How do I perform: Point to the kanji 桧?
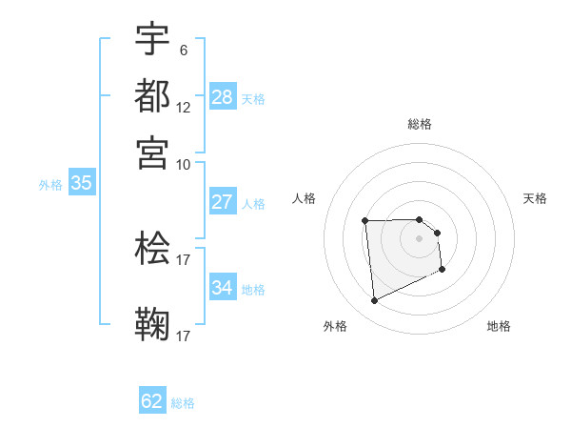click(152, 248)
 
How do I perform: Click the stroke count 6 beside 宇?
click(184, 51)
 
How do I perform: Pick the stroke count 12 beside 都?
click(184, 107)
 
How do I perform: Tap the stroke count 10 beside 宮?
click(184, 164)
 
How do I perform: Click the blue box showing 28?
click(223, 97)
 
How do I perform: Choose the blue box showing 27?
click(223, 202)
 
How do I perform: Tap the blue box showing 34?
click(223, 288)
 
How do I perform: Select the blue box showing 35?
click(81, 184)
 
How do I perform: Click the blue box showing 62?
click(152, 401)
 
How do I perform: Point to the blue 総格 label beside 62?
click(184, 403)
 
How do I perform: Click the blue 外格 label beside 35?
click(50, 185)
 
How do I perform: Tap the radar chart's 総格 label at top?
click(420, 124)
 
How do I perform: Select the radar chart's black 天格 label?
click(536, 198)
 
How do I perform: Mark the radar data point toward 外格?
click(375, 301)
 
